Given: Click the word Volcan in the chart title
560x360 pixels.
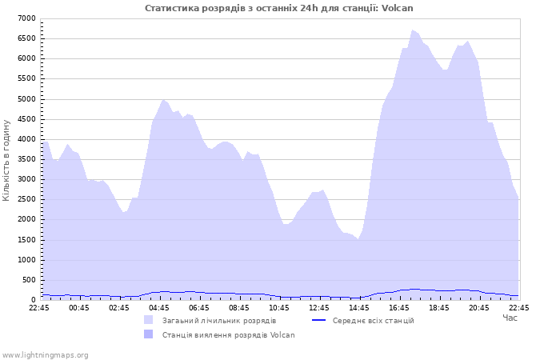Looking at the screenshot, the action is click(397, 8).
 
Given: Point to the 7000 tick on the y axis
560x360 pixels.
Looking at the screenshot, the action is click(26, 18).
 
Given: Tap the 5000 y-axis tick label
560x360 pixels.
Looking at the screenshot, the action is click(26, 99).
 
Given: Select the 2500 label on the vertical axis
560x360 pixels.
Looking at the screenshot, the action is click(26, 199).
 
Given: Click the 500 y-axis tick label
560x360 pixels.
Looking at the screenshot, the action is click(30, 280).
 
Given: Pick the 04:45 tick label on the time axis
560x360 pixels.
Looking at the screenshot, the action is click(159, 307).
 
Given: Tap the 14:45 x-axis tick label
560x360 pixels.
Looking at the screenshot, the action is click(359, 307).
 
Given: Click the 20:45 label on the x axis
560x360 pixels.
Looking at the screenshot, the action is click(479, 307).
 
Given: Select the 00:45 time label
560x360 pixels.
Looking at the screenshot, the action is click(79, 307).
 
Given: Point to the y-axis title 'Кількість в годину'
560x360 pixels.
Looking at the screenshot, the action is click(6, 160).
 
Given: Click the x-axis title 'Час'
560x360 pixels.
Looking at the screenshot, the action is click(510, 318).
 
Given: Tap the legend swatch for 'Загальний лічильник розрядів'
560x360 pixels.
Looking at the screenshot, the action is click(148, 320).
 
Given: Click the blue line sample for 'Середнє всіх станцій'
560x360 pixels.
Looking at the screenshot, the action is click(319, 320).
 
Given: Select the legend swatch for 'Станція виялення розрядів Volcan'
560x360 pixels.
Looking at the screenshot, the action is click(148, 334).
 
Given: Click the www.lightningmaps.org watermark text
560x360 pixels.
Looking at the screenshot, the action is click(45, 355).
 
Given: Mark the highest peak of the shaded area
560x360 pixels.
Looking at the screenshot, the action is click(413, 30).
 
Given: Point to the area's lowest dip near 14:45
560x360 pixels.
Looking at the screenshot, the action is click(358, 239).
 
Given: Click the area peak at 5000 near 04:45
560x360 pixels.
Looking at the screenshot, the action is click(163, 100).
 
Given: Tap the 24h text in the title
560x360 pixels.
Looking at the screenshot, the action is click(309, 8).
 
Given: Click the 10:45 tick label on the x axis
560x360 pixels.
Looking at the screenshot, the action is click(279, 307).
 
